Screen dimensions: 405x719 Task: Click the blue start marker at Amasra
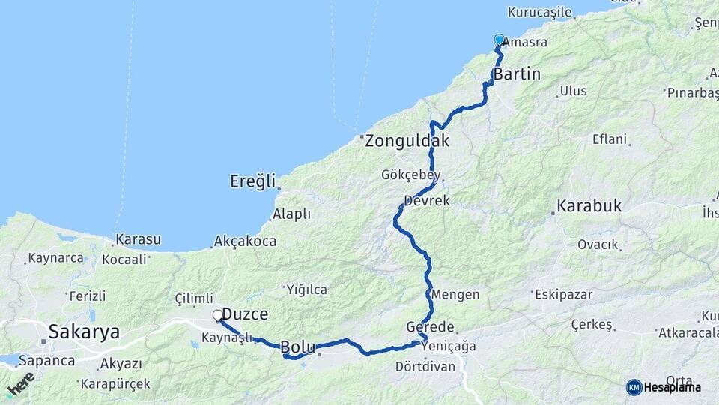(x=500, y=40)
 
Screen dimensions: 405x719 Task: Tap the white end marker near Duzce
(x=217, y=316)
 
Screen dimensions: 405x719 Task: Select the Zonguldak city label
(x=407, y=140)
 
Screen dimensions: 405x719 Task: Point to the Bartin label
(x=516, y=75)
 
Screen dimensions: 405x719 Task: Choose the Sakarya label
(x=83, y=331)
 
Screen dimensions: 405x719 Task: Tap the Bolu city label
(x=298, y=347)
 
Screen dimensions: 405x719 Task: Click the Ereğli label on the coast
(x=253, y=181)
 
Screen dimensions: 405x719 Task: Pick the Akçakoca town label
(x=245, y=241)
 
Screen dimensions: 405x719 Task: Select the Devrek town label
(x=426, y=201)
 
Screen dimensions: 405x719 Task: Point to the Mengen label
(x=455, y=294)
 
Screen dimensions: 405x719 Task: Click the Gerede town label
(x=430, y=327)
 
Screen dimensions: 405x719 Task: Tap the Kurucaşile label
(x=539, y=12)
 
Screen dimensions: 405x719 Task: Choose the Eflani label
(x=609, y=139)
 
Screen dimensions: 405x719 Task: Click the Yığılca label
(x=307, y=289)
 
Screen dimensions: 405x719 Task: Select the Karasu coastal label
(x=137, y=240)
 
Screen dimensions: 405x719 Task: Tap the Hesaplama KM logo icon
(x=634, y=386)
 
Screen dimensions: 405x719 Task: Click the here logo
(x=20, y=383)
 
